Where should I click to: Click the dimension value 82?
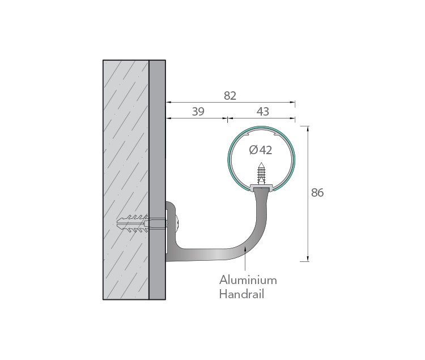point(230,96)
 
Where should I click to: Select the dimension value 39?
point(198,112)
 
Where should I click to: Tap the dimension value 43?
point(262,112)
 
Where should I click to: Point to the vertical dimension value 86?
point(317,192)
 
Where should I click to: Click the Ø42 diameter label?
point(261,150)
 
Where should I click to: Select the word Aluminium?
point(248,280)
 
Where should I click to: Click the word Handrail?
point(241,294)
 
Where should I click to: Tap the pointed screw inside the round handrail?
point(261,173)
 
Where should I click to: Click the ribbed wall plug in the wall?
point(132,223)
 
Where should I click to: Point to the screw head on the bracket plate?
point(177,223)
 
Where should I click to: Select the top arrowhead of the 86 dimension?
point(308,129)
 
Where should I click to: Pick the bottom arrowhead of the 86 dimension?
point(308,259)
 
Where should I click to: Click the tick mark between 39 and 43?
point(227,118)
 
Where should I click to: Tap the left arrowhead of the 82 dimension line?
point(169,102)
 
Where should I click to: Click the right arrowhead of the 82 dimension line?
point(292,102)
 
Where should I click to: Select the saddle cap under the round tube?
point(261,187)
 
